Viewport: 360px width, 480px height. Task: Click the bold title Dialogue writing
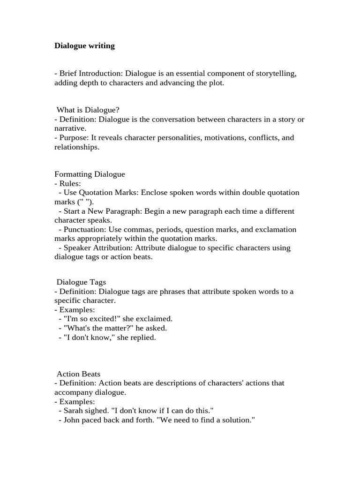(84, 46)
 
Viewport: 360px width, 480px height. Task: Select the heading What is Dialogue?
(85, 110)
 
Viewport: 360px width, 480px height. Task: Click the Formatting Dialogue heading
(90, 174)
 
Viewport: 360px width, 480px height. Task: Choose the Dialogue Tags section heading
(81, 282)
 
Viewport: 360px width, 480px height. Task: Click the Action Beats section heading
(78, 374)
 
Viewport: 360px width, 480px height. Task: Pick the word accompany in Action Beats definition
(72, 392)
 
